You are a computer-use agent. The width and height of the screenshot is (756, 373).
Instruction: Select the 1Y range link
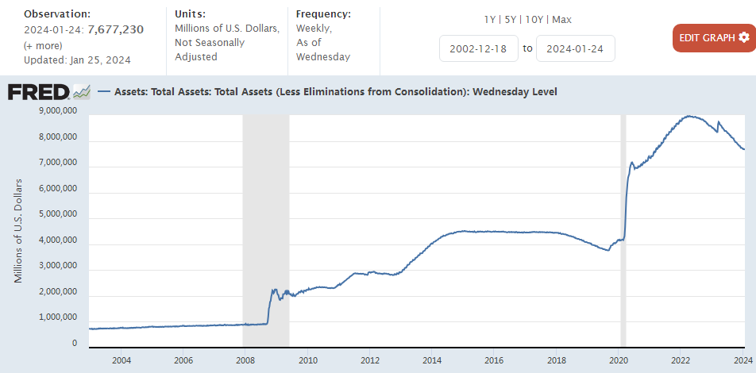[x=491, y=19]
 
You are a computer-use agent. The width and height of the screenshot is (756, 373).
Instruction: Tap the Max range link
[x=561, y=19]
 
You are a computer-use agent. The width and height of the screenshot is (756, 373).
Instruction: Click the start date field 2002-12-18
[x=478, y=48]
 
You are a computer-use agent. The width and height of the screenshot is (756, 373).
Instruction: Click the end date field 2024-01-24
[x=575, y=48]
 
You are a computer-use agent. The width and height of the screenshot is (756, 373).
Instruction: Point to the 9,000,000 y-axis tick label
[x=58, y=111]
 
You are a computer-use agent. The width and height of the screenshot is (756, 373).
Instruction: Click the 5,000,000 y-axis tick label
[x=58, y=214]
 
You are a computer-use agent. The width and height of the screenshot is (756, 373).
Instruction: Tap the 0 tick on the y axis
[x=74, y=344]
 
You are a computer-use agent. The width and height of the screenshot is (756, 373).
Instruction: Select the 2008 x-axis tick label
[x=245, y=361]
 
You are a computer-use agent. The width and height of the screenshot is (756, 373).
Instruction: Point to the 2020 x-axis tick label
[x=618, y=361]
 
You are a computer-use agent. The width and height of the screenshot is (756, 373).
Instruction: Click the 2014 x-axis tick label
[x=431, y=361]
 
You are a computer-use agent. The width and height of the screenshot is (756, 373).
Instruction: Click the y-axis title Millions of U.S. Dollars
[x=18, y=231]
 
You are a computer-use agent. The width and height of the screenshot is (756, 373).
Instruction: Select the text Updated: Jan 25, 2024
[x=77, y=60]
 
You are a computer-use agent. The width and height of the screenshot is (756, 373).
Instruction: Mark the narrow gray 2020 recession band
[x=623, y=230]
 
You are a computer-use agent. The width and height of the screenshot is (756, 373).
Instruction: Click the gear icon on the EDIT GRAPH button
[x=743, y=37]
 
